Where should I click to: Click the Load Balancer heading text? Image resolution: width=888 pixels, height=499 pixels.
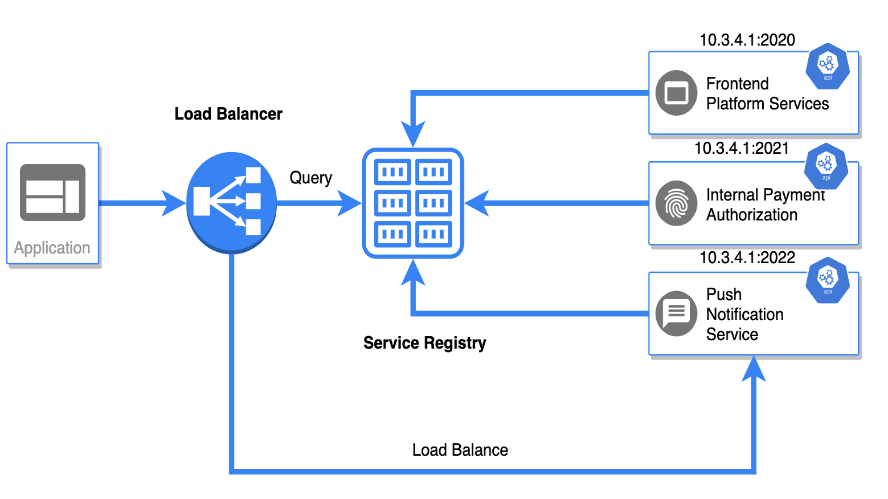tap(228, 114)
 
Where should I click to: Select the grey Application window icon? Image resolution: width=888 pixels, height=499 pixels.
tap(52, 193)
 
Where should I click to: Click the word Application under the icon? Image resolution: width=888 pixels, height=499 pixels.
tap(52, 248)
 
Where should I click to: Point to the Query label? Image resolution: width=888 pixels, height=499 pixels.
tap(310, 178)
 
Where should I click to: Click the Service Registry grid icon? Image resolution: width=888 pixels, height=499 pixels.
tap(413, 203)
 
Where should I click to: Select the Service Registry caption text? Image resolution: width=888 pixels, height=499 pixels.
tap(424, 343)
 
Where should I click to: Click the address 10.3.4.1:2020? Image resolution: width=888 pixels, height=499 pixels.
tap(747, 40)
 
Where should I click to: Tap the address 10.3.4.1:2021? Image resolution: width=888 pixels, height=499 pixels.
tap(741, 148)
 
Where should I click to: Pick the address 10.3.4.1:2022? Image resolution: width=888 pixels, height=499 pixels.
tap(747, 257)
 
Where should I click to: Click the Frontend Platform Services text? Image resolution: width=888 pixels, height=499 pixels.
tap(767, 93)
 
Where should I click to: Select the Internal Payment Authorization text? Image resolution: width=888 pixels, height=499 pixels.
tap(764, 204)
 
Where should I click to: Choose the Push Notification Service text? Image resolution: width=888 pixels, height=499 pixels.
tap(744, 314)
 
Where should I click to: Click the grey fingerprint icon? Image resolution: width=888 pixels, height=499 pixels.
tap(676, 203)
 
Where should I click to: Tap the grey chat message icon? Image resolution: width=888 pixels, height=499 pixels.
tap(676, 313)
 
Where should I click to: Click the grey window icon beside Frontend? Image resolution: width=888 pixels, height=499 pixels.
tap(676, 93)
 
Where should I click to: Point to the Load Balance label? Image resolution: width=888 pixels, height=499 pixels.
tap(460, 450)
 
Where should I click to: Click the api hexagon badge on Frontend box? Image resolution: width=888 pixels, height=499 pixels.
tap(827, 66)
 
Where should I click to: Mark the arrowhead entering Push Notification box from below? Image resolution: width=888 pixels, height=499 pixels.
tap(754, 369)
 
